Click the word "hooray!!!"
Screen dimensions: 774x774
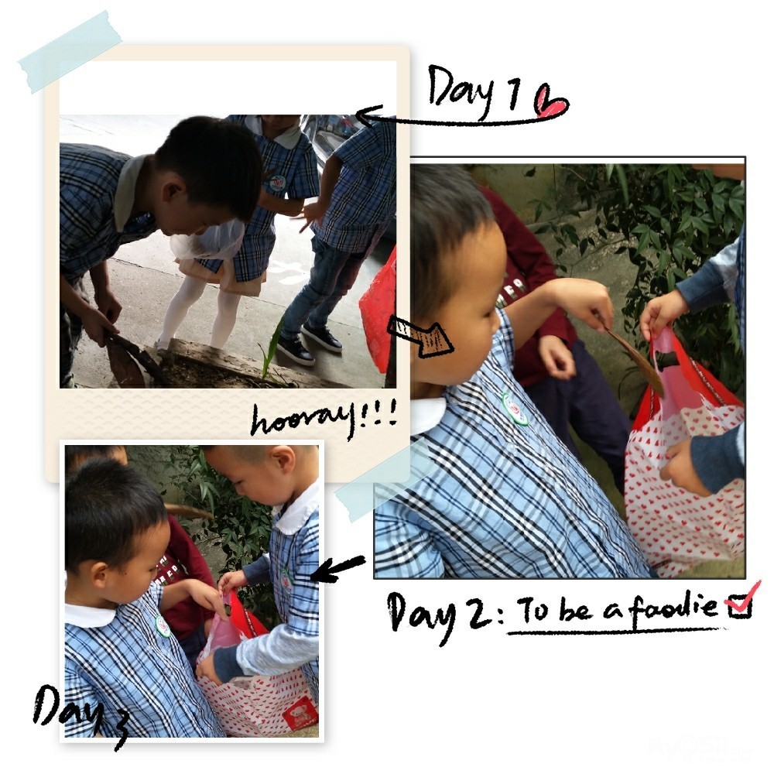click(324, 420)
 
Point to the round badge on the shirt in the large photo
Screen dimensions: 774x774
click(515, 408)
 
